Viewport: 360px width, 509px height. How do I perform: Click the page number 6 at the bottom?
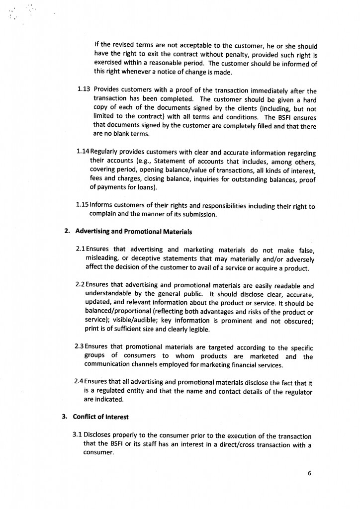point(309,473)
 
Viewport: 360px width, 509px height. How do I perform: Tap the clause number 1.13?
point(84,90)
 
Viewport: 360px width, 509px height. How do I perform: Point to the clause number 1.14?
point(83,153)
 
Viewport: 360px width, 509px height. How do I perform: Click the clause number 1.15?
point(82,205)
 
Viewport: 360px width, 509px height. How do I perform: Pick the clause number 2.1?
point(80,249)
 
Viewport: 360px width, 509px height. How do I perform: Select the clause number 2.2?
point(80,286)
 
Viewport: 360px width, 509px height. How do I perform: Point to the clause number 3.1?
point(78,435)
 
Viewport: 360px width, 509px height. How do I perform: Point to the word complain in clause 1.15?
point(102,215)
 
